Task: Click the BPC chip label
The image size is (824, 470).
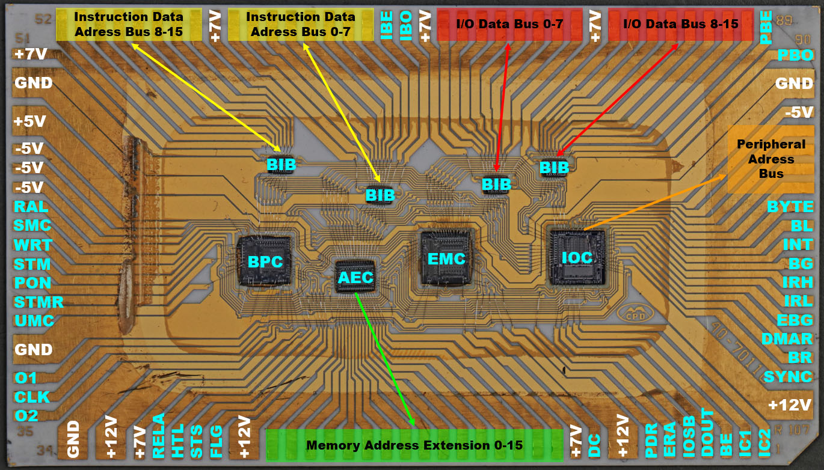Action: tap(265, 262)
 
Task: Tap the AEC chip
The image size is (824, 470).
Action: tap(355, 277)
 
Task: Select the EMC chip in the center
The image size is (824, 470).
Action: tap(446, 258)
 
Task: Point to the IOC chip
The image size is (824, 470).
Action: tap(577, 257)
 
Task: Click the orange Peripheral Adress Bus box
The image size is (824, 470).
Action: tap(770, 159)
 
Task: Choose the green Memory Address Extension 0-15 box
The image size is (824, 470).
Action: tap(414, 445)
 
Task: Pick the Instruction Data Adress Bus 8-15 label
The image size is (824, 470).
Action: tap(128, 24)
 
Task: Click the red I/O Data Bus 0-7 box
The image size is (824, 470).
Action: tap(509, 24)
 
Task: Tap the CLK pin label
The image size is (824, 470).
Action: tap(32, 397)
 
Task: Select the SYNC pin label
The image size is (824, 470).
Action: tap(788, 377)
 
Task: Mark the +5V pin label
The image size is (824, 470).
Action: tap(30, 121)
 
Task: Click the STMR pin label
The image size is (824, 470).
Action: tap(38, 302)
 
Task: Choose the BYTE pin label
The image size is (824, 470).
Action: tap(790, 207)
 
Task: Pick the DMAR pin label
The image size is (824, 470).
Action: tap(787, 339)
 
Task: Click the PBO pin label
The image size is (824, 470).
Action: tap(795, 55)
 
